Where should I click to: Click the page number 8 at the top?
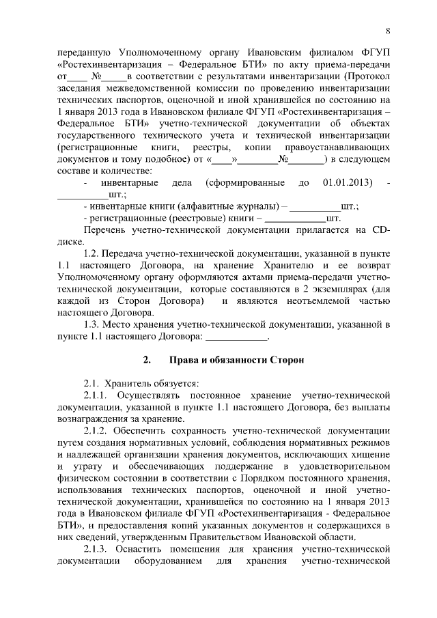[x=388, y=31]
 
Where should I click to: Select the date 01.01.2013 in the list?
[x=346, y=183]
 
